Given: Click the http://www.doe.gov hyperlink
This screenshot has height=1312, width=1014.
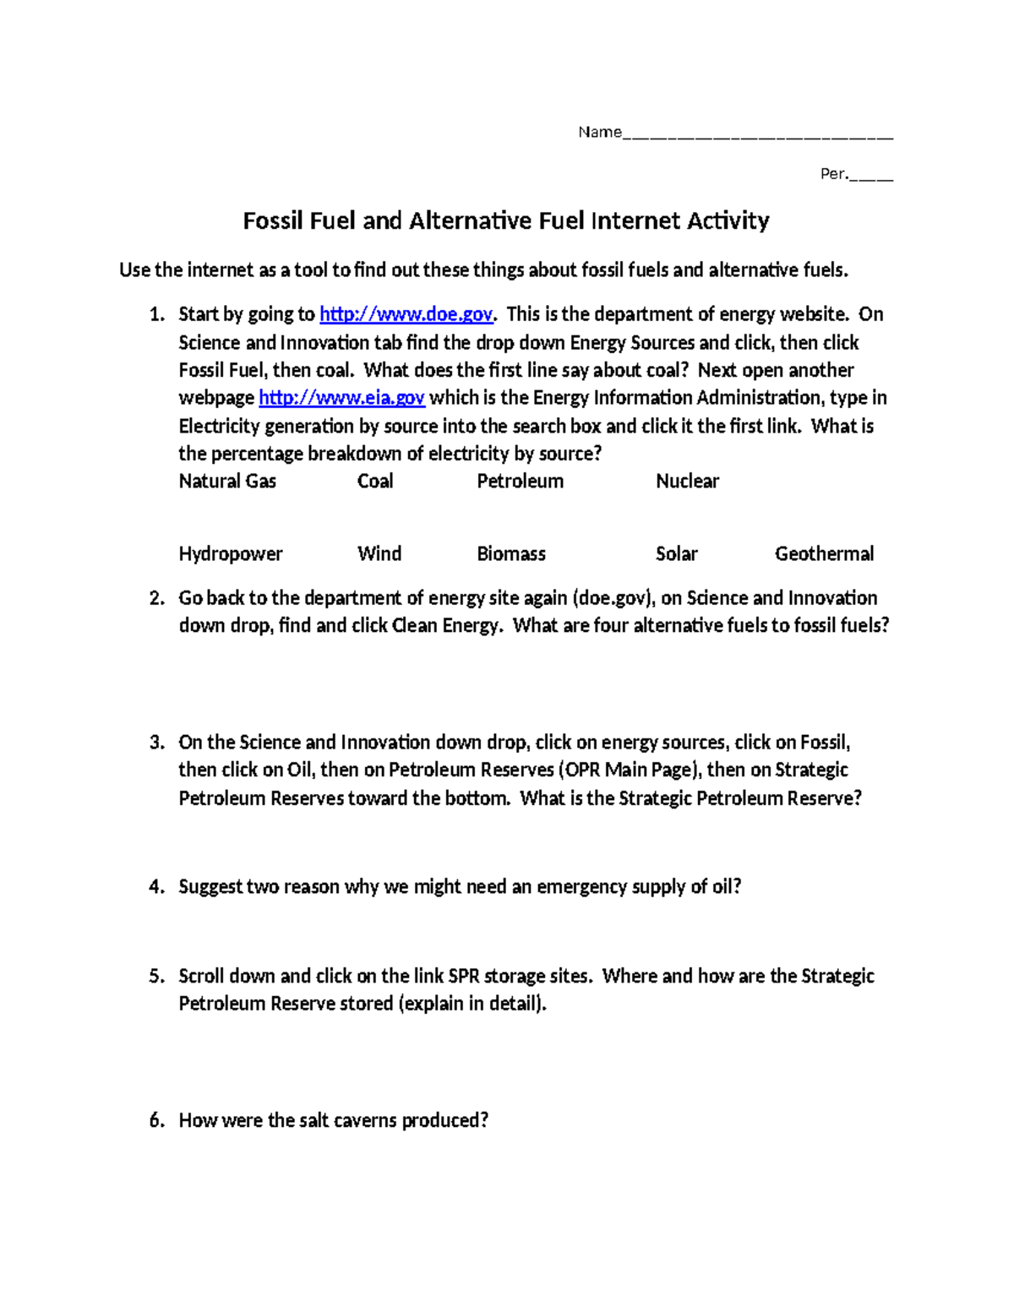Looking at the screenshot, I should pos(406,314).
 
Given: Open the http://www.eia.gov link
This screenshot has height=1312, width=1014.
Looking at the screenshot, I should pos(341,398).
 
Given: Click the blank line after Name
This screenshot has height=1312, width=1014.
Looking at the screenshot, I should pos(757,133).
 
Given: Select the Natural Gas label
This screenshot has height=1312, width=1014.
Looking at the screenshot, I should pos(227,482).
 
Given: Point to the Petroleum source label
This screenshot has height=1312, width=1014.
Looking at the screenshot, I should pos(520,482).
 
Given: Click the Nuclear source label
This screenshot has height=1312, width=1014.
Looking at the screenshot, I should pos(687,482).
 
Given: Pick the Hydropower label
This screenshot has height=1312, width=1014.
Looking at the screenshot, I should pos(231,554).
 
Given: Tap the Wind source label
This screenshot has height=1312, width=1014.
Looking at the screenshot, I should pos(379,554).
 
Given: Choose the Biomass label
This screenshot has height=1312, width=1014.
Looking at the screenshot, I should pos(511,554).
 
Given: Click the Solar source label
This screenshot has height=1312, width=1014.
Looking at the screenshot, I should pos(676,554).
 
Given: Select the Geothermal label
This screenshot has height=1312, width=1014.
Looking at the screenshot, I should pos(824,554).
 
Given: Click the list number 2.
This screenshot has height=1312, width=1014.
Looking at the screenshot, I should pos(156,598).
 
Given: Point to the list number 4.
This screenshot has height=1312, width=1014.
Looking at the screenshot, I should pos(156,887).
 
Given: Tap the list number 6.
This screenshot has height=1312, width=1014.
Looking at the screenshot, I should pos(156,1121).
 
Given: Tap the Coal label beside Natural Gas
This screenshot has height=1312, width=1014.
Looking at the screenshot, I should pos(375,482).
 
